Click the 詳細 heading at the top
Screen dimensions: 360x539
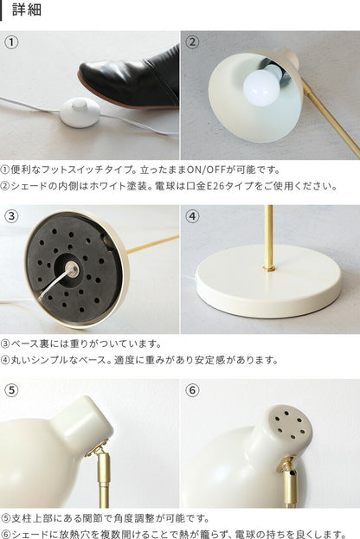coord(27,10)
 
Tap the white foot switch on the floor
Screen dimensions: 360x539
coord(80,112)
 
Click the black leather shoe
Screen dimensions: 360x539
coord(129,80)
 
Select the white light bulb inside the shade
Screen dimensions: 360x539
coord(261,87)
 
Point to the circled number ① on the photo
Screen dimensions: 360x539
coord(11,42)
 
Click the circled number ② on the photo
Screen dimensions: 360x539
coord(192,42)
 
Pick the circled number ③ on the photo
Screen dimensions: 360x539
coord(11,216)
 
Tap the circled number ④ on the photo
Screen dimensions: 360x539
coord(192,216)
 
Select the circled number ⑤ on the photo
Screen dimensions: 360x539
coord(11,390)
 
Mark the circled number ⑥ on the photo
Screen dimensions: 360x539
coord(192,390)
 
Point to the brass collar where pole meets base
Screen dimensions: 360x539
coord(269,267)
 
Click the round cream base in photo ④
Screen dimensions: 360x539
coord(268,282)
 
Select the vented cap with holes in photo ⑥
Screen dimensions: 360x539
coord(291,424)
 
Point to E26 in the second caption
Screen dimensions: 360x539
coord(215,186)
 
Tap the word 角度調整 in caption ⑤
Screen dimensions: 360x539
coord(128,518)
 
